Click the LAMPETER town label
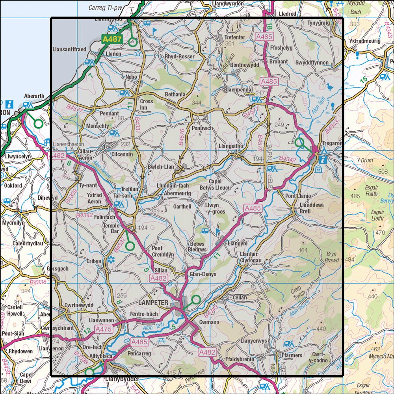click(x=153, y=303)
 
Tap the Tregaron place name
click(x=333, y=144)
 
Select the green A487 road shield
click(x=113, y=39)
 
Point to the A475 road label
click(x=104, y=329)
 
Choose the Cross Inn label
click(x=147, y=104)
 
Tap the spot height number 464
click(x=303, y=250)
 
